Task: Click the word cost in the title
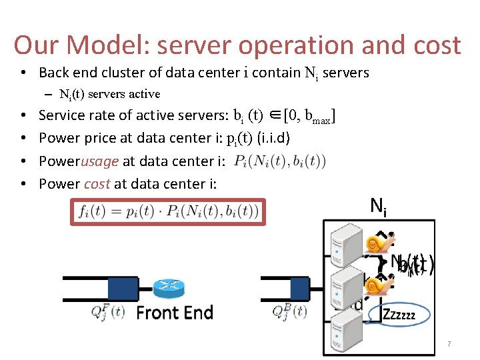pos(433,45)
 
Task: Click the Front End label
pos(175,313)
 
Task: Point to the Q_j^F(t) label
pos(107,311)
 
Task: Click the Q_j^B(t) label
pos(289,311)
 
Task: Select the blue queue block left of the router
pos(122,288)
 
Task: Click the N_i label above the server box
pos(378,207)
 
